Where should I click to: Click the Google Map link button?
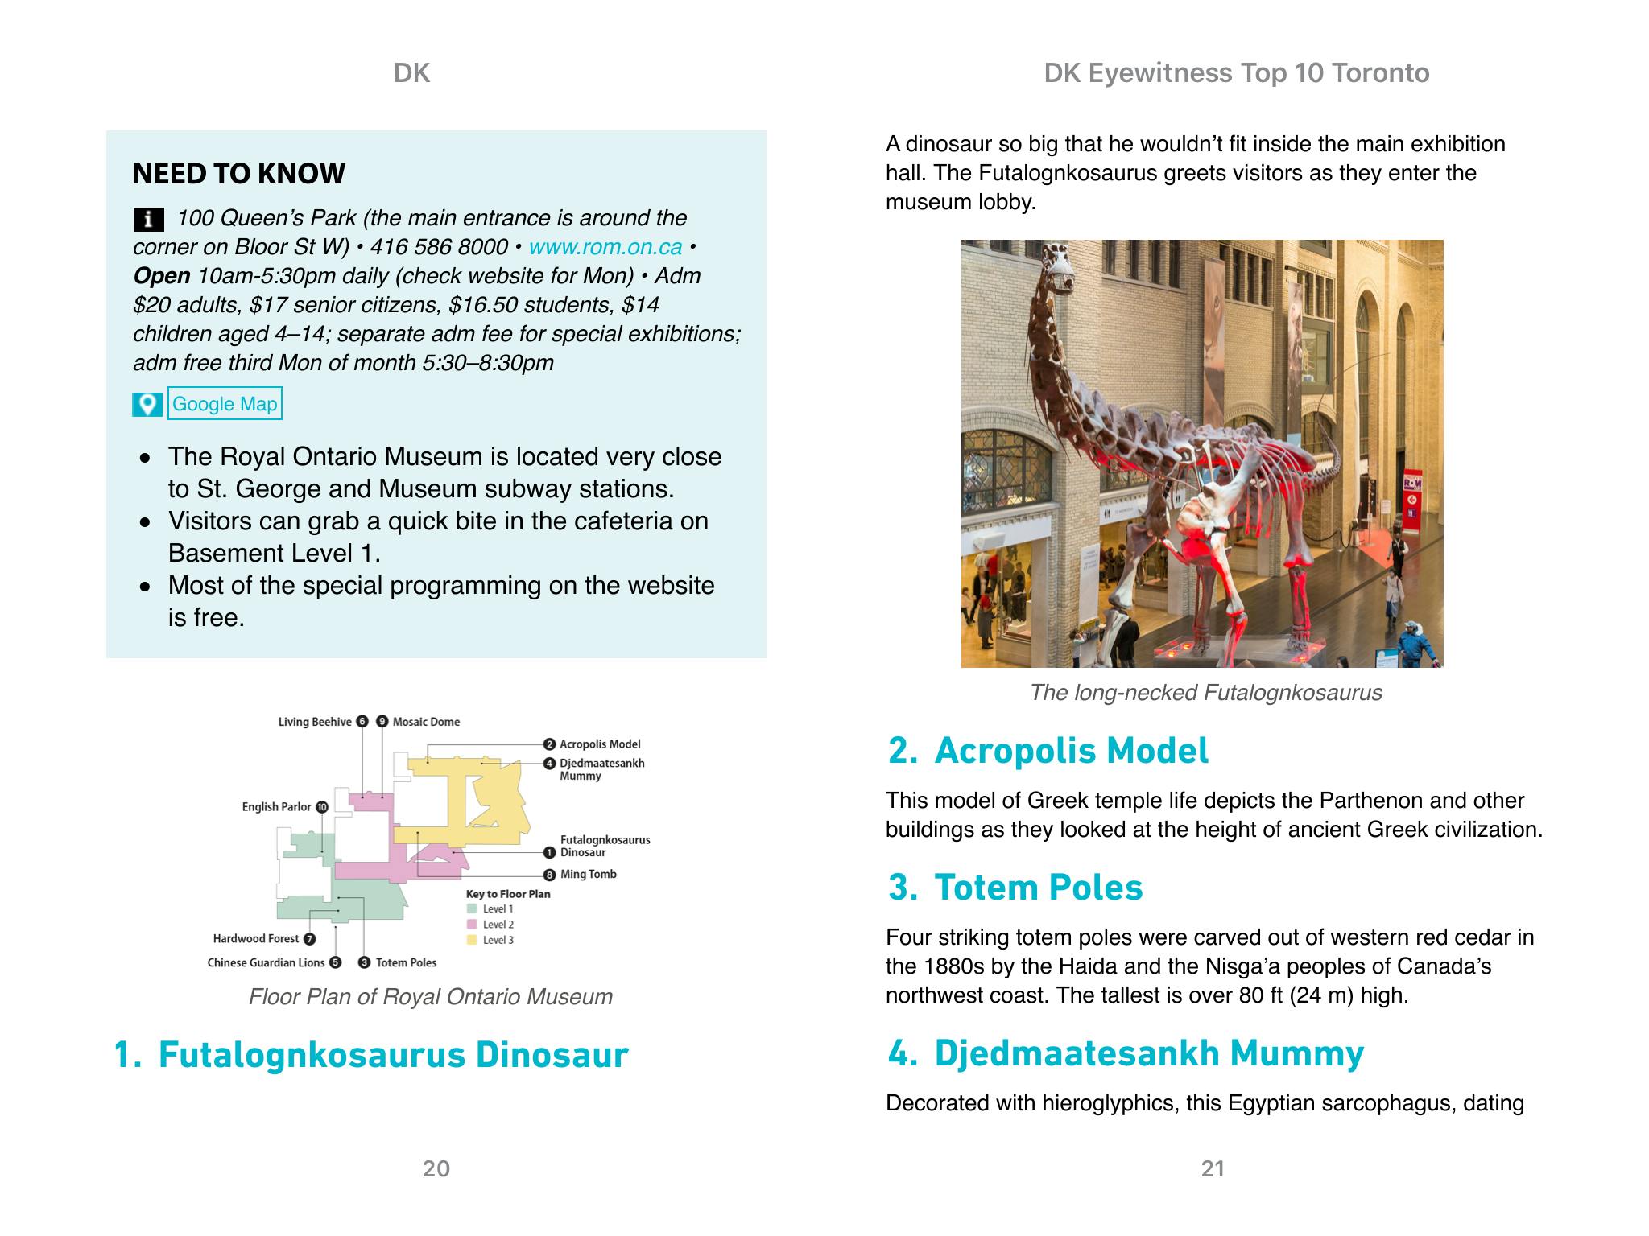point(225,404)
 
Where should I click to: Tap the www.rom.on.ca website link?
point(605,247)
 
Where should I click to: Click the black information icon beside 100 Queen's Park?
point(148,219)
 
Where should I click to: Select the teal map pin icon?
point(147,404)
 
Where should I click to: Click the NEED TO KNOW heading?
point(238,174)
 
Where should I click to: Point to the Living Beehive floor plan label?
point(315,722)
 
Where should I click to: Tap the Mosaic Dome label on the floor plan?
point(426,722)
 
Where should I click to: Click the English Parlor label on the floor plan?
point(276,807)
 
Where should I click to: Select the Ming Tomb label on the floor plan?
point(588,875)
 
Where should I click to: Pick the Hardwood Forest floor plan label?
point(256,939)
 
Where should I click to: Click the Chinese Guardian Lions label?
point(266,963)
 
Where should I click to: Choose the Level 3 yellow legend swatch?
point(472,940)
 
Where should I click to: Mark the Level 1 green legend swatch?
point(472,909)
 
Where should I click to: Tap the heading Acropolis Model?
point(1071,751)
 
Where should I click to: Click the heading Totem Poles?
point(1038,888)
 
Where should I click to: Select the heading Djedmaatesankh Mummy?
point(1148,1053)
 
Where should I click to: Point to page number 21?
point(1213,1168)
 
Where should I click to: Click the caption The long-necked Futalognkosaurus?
point(1205,693)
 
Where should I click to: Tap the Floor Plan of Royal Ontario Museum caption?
point(430,997)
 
